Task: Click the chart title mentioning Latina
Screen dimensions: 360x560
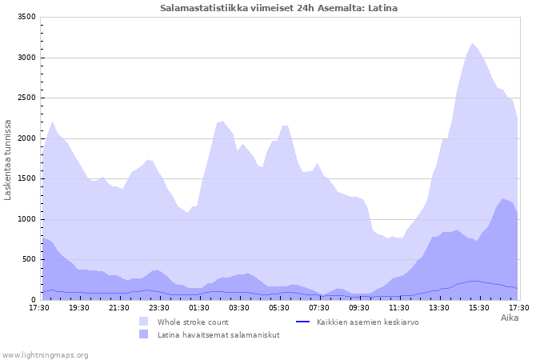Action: tap(278, 8)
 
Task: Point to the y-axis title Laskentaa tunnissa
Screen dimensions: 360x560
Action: tap(8, 159)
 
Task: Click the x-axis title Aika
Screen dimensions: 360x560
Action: tap(509, 318)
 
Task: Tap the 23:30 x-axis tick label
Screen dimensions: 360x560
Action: tap(159, 307)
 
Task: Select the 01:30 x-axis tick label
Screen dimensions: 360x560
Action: tap(199, 307)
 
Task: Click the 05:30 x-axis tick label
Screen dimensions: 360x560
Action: tap(279, 307)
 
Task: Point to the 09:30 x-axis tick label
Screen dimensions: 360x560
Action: tap(359, 307)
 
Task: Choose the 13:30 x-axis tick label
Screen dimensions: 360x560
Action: tap(439, 307)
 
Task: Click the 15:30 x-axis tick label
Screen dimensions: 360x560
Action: tap(479, 307)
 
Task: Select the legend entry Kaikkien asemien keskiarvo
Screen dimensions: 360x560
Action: tap(367, 322)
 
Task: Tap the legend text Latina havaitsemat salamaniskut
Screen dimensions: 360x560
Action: tap(218, 334)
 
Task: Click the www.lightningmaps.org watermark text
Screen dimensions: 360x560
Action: tap(45, 354)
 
